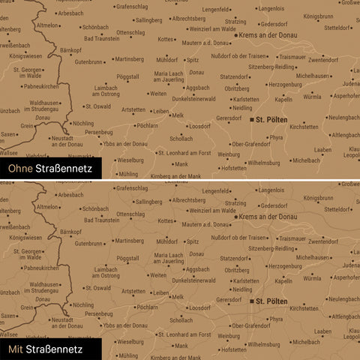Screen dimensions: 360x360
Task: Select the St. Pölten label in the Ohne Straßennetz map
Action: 271,119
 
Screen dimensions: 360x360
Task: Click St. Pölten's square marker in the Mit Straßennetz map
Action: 251,301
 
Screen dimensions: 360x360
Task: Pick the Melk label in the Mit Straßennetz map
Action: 178,297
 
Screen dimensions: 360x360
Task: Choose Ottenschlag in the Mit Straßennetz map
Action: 130,214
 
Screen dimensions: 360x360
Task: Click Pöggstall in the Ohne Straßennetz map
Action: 127,76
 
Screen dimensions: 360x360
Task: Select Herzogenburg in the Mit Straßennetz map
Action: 284,265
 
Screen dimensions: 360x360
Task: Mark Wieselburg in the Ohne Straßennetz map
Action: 130,160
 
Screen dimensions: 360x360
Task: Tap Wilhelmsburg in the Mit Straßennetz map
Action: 263,343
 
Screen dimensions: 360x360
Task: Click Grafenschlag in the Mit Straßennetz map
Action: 131,187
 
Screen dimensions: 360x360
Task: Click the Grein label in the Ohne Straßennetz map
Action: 27,126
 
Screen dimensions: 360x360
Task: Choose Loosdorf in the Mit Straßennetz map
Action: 199,307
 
